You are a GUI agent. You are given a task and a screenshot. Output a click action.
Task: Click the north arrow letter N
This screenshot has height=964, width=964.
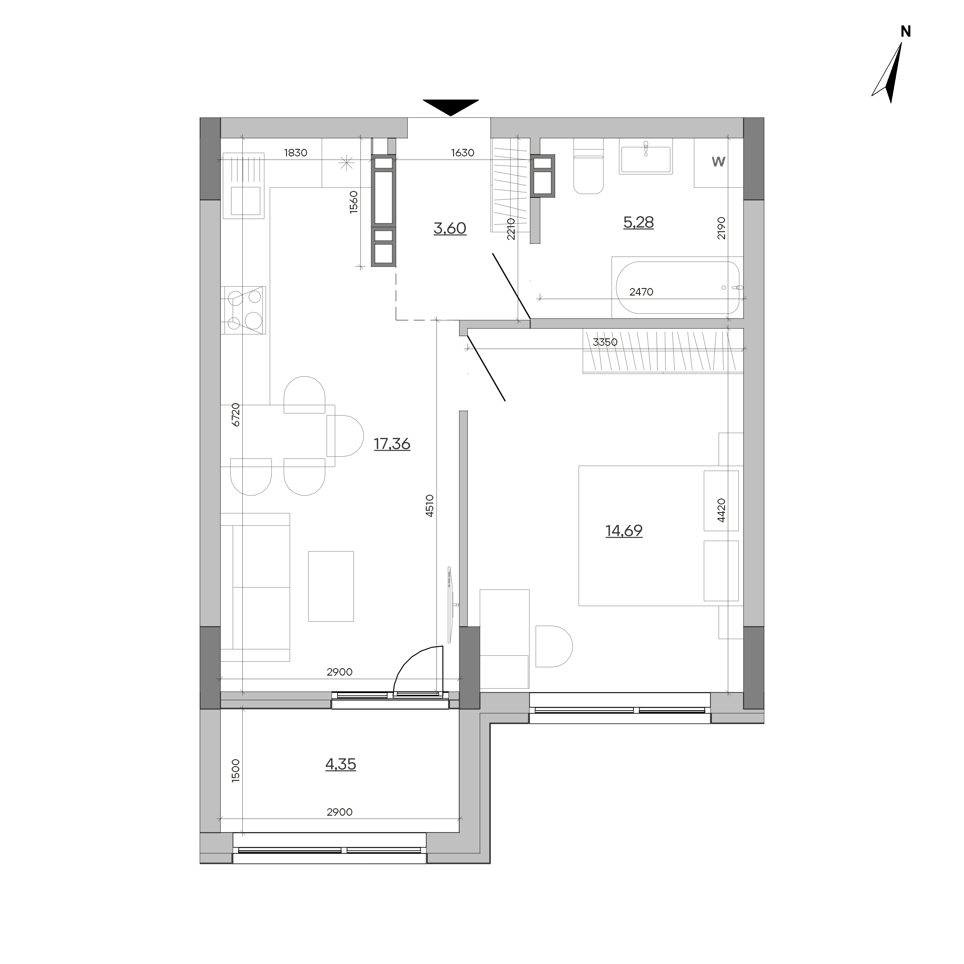(x=906, y=31)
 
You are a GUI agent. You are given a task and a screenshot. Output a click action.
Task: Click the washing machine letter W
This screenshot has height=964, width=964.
(x=718, y=162)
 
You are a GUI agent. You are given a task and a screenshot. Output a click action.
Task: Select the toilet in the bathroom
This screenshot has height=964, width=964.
(x=589, y=166)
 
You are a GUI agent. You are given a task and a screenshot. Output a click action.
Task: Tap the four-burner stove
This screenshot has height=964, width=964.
(x=243, y=310)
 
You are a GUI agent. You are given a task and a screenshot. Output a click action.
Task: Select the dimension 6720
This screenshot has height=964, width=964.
(x=236, y=414)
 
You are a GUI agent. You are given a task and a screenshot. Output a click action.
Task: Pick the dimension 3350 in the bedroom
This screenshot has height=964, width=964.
(x=605, y=342)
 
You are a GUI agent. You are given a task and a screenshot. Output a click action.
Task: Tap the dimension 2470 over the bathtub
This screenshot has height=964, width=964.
(x=641, y=292)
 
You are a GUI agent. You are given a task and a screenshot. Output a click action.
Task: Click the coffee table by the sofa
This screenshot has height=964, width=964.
(x=331, y=586)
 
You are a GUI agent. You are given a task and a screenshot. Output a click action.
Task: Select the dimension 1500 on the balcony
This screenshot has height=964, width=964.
(x=236, y=770)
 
